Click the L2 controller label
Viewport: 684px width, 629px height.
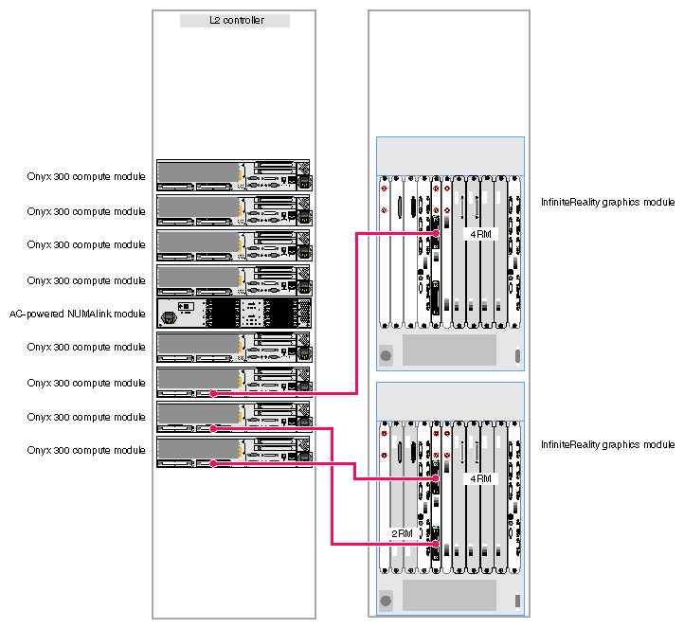click(234, 20)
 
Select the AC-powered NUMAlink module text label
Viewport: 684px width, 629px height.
click(78, 314)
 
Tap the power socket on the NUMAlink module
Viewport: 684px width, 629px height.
click(171, 317)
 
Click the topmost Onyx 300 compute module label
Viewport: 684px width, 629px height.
click(86, 176)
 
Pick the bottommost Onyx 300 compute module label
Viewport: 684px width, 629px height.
click(86, 450)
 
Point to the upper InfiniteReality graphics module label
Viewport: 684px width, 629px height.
click(607, 202)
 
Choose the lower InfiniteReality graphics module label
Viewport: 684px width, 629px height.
click(607, 444)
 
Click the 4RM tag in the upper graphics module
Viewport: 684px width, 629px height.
click(481, 234)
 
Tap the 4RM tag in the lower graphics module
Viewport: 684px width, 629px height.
click(481, 478)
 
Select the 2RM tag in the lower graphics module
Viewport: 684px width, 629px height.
click(403, 533)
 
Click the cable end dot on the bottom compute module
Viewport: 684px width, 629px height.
click(214, 463)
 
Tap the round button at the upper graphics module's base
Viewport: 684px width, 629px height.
click(386, 357)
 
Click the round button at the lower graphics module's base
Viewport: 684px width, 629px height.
click(386, 601)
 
